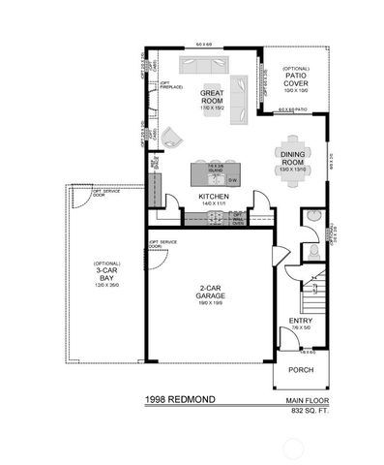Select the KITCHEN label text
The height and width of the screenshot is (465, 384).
213,197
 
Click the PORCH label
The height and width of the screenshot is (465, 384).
301,370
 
